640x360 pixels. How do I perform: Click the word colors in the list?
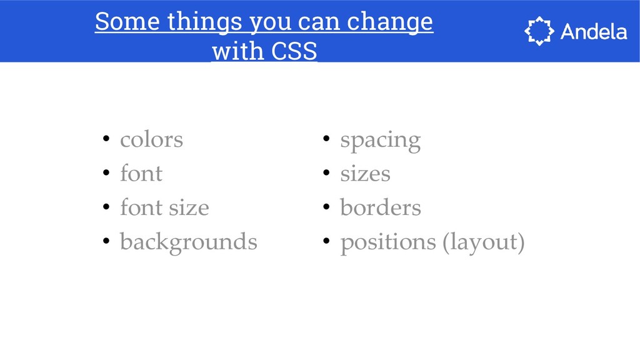(x=151, y=140)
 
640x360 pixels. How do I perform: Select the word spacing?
(x=381, y=141)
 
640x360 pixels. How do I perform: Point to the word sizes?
(x=365, y=174)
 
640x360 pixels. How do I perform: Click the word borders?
(x=381, y=207)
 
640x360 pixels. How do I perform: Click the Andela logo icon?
(x=539, y=31)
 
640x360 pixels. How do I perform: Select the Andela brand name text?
(x=594, y=31)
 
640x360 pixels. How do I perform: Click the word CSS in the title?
(x=294, y=51)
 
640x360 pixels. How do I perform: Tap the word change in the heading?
(x=390, y=22)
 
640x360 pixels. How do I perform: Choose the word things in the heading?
(x=205, y=22)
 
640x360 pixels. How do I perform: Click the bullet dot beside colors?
(x=106, y=139)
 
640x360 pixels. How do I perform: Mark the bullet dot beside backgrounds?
(x=106, y=241)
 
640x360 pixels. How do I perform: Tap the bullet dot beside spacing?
(x=326, y=139)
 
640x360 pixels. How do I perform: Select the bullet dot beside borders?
(x=326, y=206)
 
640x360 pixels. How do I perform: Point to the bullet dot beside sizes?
(x=326, y=172)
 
